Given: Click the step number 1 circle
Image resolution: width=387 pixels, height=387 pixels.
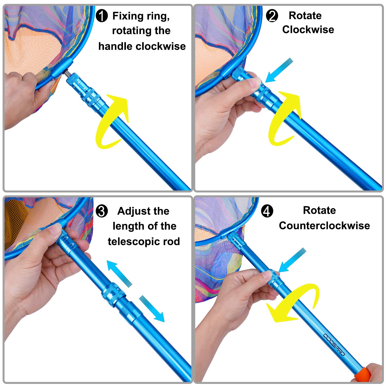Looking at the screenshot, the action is pyautogui.click(x=102, y=16).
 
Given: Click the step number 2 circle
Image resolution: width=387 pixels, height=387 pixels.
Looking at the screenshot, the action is pyautogui.click(x=272, y=16).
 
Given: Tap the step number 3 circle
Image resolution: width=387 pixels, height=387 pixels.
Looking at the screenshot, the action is pyautogui.click(x=102, y=211).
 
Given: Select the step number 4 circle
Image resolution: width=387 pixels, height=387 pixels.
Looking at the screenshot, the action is pyautogui.click(x=267, y=211).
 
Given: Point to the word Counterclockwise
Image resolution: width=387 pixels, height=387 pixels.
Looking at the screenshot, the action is pyautogui.click(x=324, y=226).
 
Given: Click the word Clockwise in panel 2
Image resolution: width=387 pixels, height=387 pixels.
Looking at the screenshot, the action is pyautogui.click(x=308, y=30).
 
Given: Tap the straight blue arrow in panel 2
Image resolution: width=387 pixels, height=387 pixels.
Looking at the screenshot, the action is pyautogui.click(x=279, y=70).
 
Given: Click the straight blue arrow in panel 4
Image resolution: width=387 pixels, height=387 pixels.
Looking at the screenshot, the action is pyautogui.click(x=292, y=260).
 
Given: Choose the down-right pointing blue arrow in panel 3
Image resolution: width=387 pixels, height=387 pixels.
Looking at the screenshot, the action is pyautogui.click(x=152, y=309).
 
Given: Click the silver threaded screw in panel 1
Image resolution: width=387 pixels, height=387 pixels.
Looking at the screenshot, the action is pyautogui.click(x=65, y=74).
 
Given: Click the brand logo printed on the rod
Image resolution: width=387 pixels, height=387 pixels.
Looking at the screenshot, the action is pyautogui.click(x=334, y=344).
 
